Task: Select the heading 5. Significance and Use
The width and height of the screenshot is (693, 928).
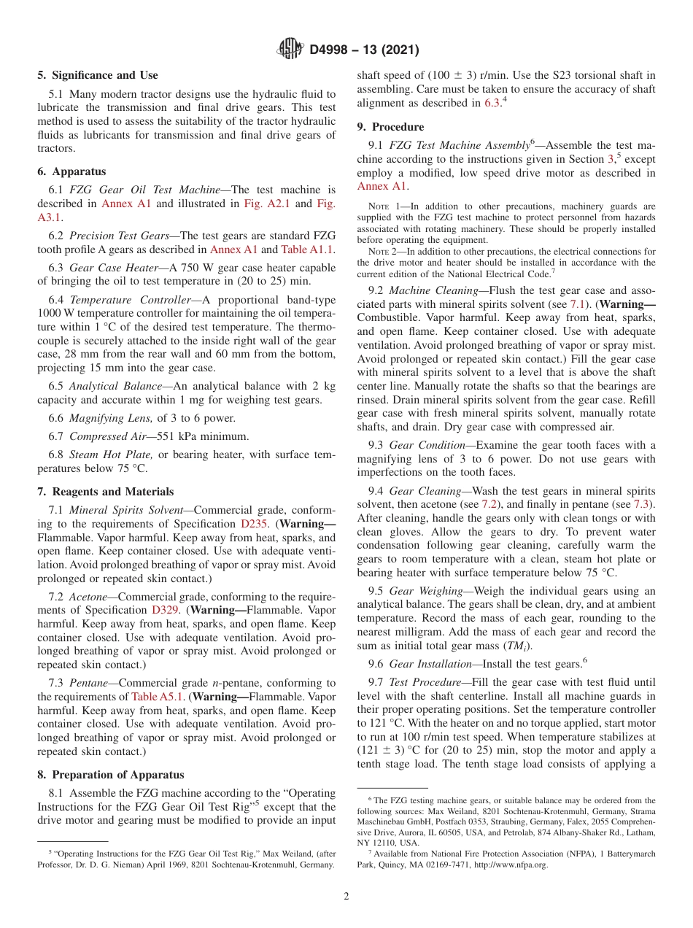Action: click(97, 75)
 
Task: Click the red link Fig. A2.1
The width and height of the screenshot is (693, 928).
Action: click(266, 204)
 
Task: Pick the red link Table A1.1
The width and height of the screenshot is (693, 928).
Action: click(307, 249)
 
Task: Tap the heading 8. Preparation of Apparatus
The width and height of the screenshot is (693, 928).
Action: click(110, 775)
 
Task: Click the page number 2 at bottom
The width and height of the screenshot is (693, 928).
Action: click(346, 897)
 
